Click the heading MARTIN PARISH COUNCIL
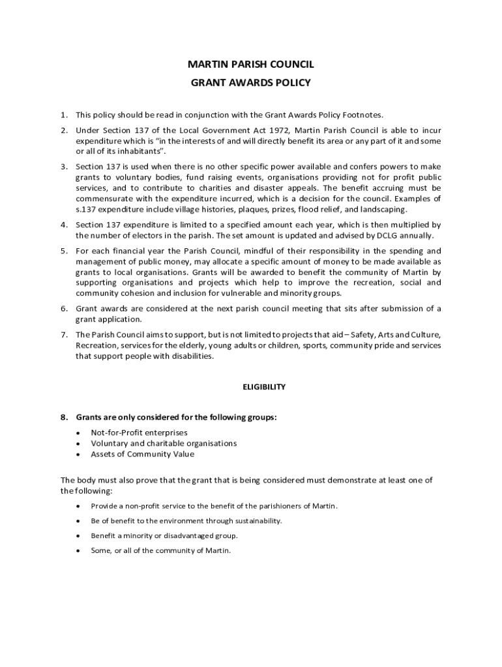(x=251, y=64)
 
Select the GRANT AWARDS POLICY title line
(x=251, y=83)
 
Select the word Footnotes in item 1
(x=370, y=115)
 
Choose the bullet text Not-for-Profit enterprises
(x=139, y=433)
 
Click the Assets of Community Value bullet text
(x=142, y=454)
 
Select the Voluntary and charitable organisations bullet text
(x=164, y=444)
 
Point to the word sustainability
(x=257, y=521)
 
